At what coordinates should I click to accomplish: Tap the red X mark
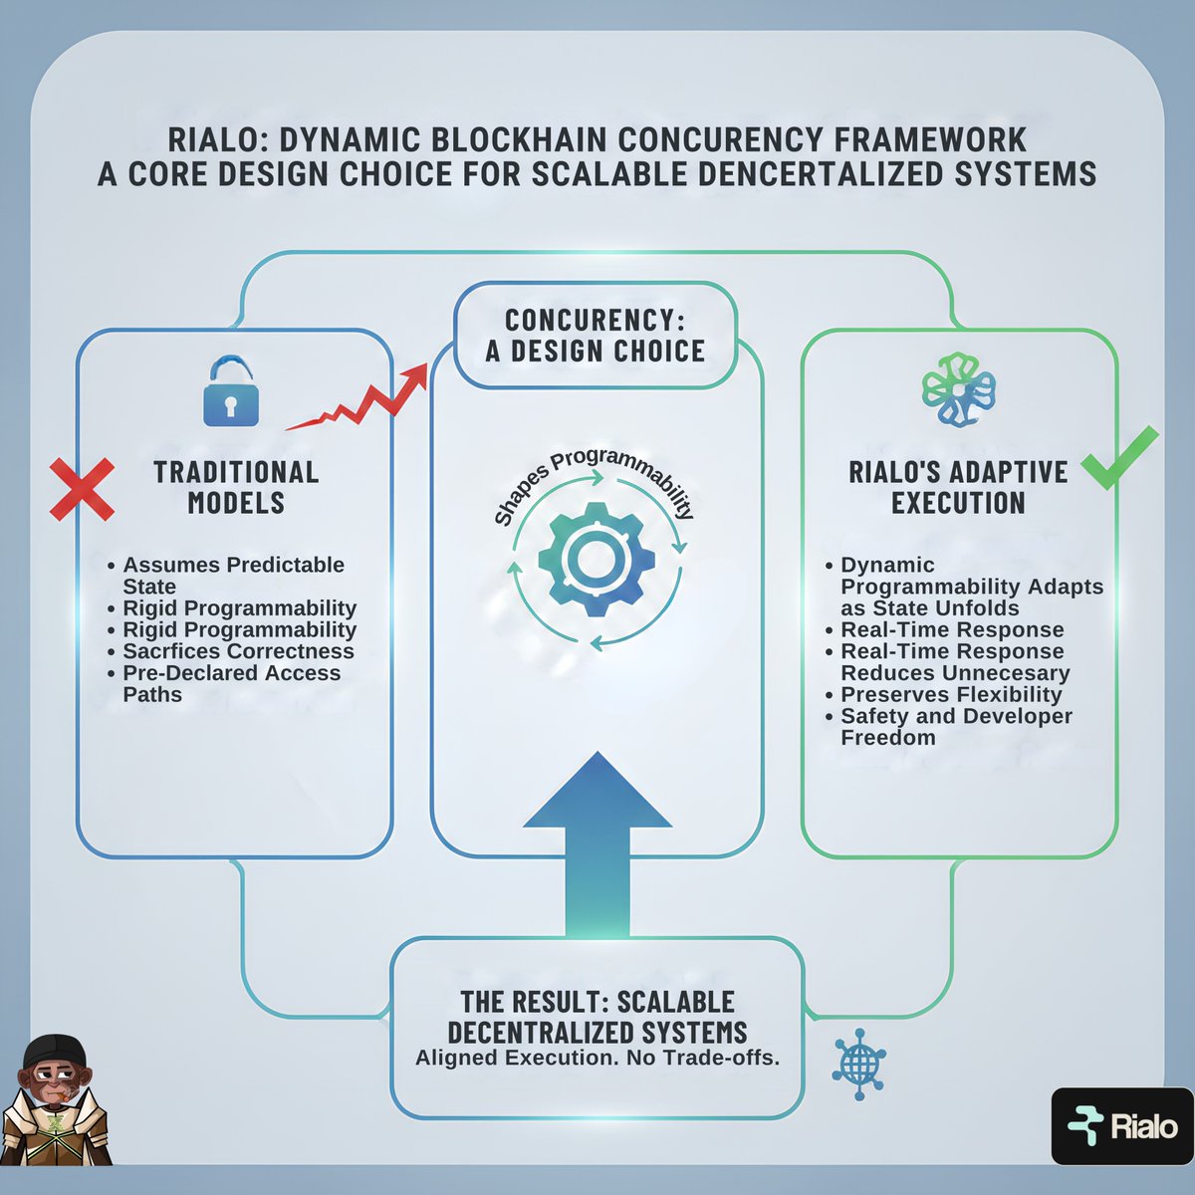[x=82, y=487]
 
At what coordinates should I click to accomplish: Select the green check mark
[x=1119, y=458]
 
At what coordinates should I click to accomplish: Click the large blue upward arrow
[x=597, y=836]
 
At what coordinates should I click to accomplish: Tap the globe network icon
[x=857, y=1063]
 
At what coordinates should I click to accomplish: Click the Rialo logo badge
[x=1121, y=1126]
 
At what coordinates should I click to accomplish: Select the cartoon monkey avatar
[x=55, y=1099]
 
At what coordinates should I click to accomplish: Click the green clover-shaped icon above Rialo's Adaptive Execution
[x=958, y=388]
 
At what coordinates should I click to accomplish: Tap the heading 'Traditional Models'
[x=236, y=487]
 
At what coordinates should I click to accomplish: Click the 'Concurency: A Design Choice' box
[x=596, y=336]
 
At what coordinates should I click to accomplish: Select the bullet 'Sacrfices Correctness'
[x=238, y=651]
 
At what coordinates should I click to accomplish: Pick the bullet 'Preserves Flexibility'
[x=951, y=694]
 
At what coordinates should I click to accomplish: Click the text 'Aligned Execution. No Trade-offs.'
[x=597, y=1058]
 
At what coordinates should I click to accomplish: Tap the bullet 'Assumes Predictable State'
[x=233, y=575]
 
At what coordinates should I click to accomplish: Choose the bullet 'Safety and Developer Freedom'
[x=956, y=726]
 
